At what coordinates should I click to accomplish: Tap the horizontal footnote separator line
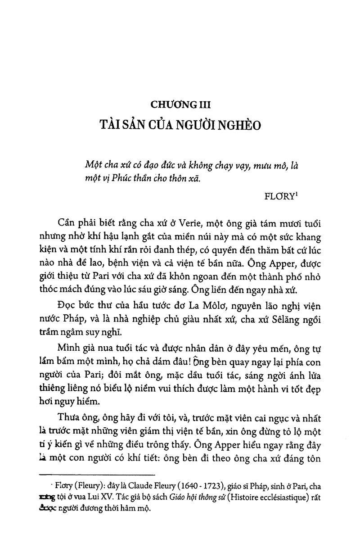(x=97, y=475)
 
